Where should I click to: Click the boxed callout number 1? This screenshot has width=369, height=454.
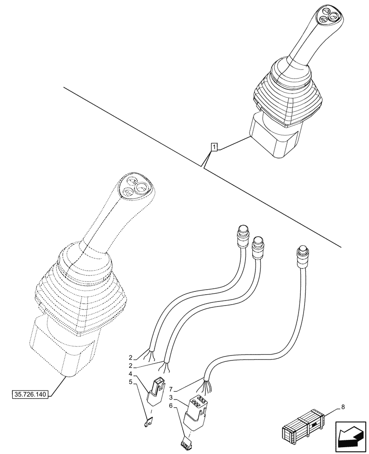pos(214,147)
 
